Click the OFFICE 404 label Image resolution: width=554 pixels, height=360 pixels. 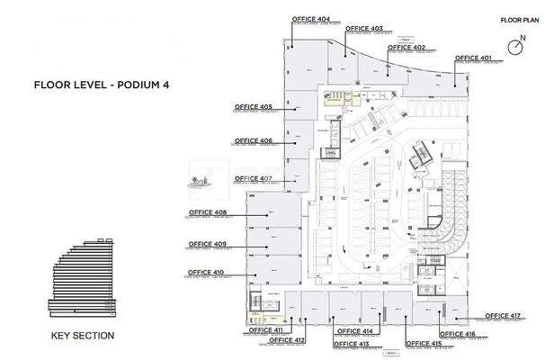(x=310, y=18)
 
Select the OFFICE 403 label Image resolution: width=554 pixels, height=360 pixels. (x=363, y=28)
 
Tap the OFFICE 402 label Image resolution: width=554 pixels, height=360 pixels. (x=406, y=48)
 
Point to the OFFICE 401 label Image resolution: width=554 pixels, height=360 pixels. (x=473, y=58)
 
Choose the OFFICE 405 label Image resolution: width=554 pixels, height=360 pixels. (x=254, y=106)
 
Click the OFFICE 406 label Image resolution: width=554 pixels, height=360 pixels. (x=254, y=140)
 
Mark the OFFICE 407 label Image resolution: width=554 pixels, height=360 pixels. (x=254, y=178)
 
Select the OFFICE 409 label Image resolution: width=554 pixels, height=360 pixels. (x=207, y=244)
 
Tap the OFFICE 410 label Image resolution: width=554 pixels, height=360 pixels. (x=206, y=271)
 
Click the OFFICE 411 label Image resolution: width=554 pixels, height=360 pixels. (x=266, y=330)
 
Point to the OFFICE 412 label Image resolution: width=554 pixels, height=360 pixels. (x=287, y=340)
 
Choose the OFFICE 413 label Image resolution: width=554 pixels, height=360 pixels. (x=352, y=344)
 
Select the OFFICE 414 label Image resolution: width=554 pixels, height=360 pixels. (x=353, y=331)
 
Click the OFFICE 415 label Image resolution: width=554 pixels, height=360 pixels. (x=423, y=344)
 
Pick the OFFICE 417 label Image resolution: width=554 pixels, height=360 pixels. (x=503, y=315)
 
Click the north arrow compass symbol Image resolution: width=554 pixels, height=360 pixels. (x=517, y=45)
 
